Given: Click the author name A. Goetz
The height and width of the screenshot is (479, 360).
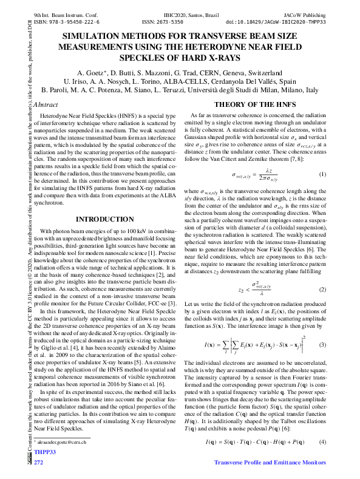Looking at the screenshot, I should [90, 72].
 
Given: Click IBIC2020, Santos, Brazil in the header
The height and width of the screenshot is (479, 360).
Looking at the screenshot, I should [189, 13].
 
